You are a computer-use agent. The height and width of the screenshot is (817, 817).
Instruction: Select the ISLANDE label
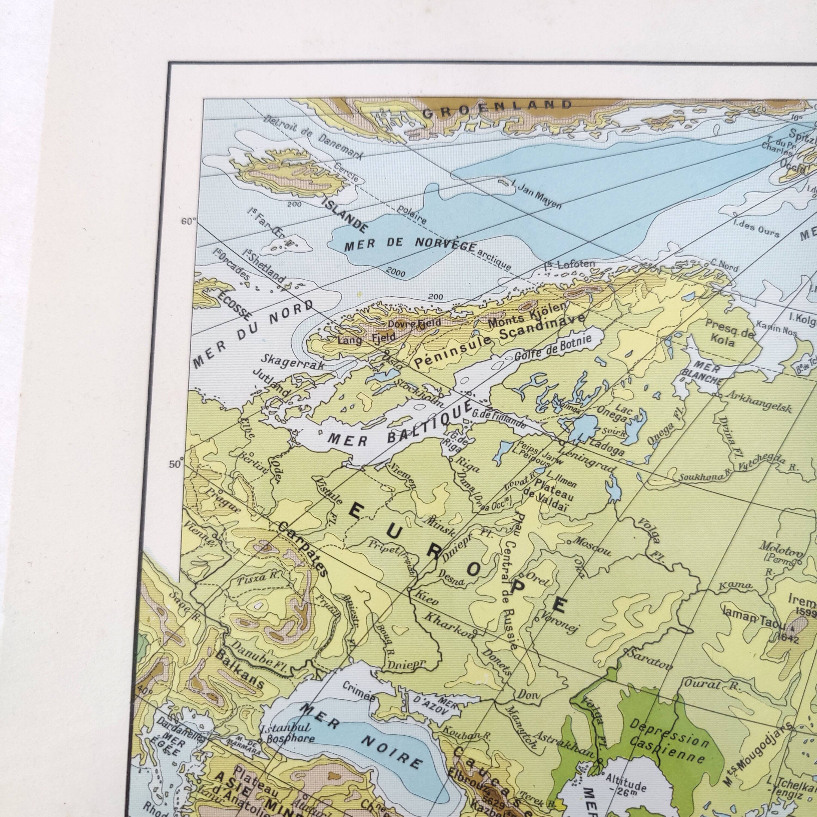point(344,215)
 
